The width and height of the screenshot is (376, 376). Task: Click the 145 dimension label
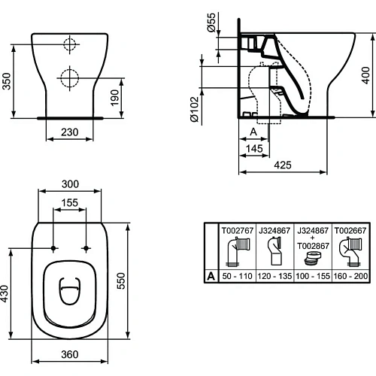pos(253,150)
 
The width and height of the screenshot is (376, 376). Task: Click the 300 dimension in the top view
pos(69,183)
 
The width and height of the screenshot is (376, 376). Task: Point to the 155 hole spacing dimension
pos(69,202)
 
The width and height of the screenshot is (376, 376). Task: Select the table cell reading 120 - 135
pos(272,276)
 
